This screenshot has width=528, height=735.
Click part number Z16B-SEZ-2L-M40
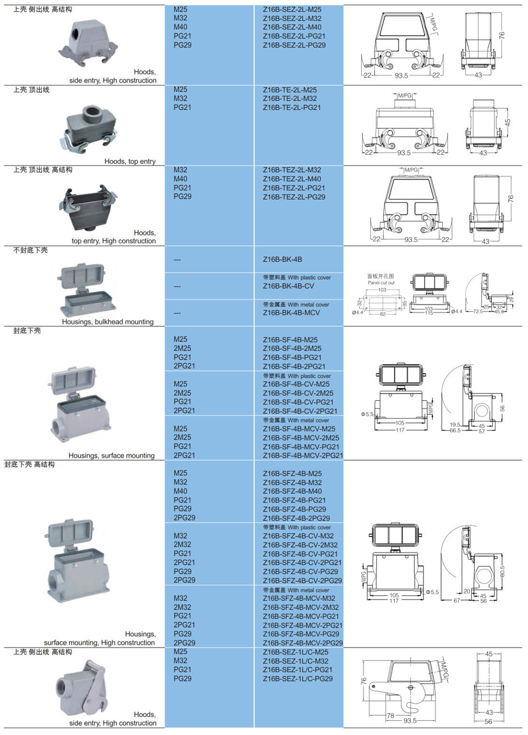pyautogui.click(x=292, y=27)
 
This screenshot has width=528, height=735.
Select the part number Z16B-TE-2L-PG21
pyautogui.click(x=292, y=107)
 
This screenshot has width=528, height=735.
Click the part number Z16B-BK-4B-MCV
pyautogui.click(x=291, y=312)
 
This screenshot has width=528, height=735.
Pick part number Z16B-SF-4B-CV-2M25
pyautogui.click(x=298, y=393)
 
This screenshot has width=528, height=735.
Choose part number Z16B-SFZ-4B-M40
pyautogui.click(x=292, y=491)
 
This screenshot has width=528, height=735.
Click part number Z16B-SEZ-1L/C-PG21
pyautogui.click(x=297, y=670)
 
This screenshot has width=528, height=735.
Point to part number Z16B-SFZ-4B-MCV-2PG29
pyautogui.click(x=303, y=643)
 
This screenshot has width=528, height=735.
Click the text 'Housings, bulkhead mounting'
pyautogui.click(x=108, y=322)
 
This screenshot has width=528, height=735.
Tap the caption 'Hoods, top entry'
pyautogui.click(x=130, y=161)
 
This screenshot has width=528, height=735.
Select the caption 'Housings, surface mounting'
pyautogui.click(x=111, y=455)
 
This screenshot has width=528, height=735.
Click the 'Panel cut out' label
pyautogui.click(x=381, y=282)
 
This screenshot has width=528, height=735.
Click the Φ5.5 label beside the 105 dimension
pyautogui.click(x=433, y=592)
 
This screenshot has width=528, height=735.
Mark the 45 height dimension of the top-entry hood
pyautogui.click(x=508, y=122)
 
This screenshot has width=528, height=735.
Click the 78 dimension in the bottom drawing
pyautogui.click(x=391, y=716)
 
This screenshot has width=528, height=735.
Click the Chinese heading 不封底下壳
pyautogui.click(x=31, y=250)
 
